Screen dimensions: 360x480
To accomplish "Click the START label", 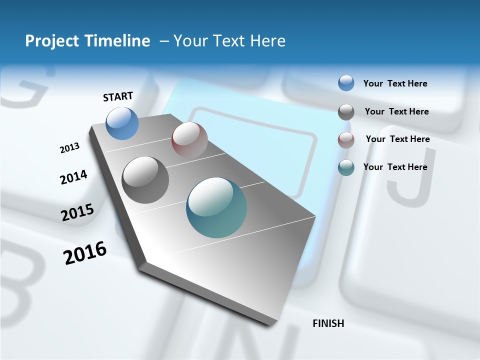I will click(x=118, y=96).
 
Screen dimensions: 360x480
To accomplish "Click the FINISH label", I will click(x=328, y=323).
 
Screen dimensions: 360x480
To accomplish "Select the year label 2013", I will click(x=69, y=148).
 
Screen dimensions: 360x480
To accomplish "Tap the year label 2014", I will click(x=73, y=177).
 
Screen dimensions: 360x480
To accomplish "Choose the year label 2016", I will click(x=85, y=253).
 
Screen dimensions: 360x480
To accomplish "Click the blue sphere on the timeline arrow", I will click(x=122, y=123).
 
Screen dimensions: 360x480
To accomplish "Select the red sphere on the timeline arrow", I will click(x=189, y=139).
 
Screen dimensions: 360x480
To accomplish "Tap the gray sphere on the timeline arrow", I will click(x=145, y=180).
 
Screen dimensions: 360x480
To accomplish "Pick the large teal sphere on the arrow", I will click(x=216, y=207).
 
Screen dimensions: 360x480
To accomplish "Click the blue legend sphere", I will click(x=346, y=83).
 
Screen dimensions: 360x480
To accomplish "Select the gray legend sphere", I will click(x=346, y=111).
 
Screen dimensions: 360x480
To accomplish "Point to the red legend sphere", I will click(x=346, y=139).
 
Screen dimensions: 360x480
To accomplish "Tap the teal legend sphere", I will click(x=346, y=167).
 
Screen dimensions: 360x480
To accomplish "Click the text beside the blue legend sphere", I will click(x=395, y=83).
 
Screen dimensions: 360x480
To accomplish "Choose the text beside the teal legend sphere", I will click(x=395, y=167).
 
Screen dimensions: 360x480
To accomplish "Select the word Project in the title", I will click(x=51, y=41).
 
